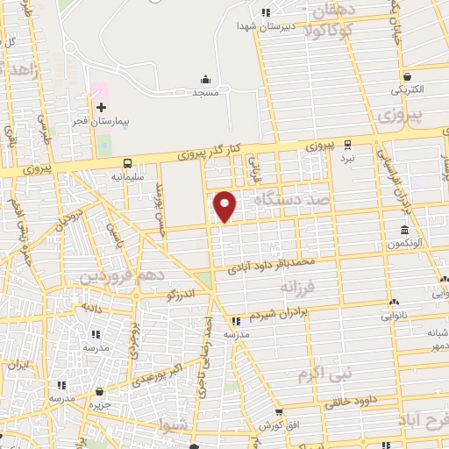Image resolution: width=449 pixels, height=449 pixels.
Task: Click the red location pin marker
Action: pos(226,205)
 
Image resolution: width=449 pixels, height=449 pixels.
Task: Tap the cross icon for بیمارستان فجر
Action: pos(101,106)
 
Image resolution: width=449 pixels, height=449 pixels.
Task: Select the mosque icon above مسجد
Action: pos(206,80)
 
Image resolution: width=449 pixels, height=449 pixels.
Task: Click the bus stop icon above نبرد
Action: pos(348,145)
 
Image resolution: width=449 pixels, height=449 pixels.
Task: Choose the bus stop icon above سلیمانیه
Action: pos(129,163)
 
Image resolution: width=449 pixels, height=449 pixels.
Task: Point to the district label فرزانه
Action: pos(296,287)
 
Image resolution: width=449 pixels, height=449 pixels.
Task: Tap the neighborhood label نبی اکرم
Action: pos(324,374)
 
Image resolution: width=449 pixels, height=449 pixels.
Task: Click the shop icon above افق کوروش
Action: pos(279,413)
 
